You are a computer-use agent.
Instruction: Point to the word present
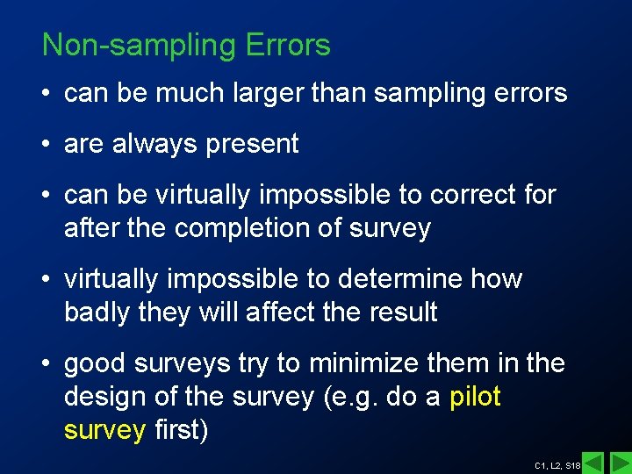coord(252,144)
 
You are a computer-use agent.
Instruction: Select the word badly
coord(97,312)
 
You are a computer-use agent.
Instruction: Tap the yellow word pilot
coord(475,397)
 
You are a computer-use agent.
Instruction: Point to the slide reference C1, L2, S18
coord(557,463)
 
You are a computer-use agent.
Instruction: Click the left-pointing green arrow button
coord(593,461)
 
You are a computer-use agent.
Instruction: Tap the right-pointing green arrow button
coord(620,461)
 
